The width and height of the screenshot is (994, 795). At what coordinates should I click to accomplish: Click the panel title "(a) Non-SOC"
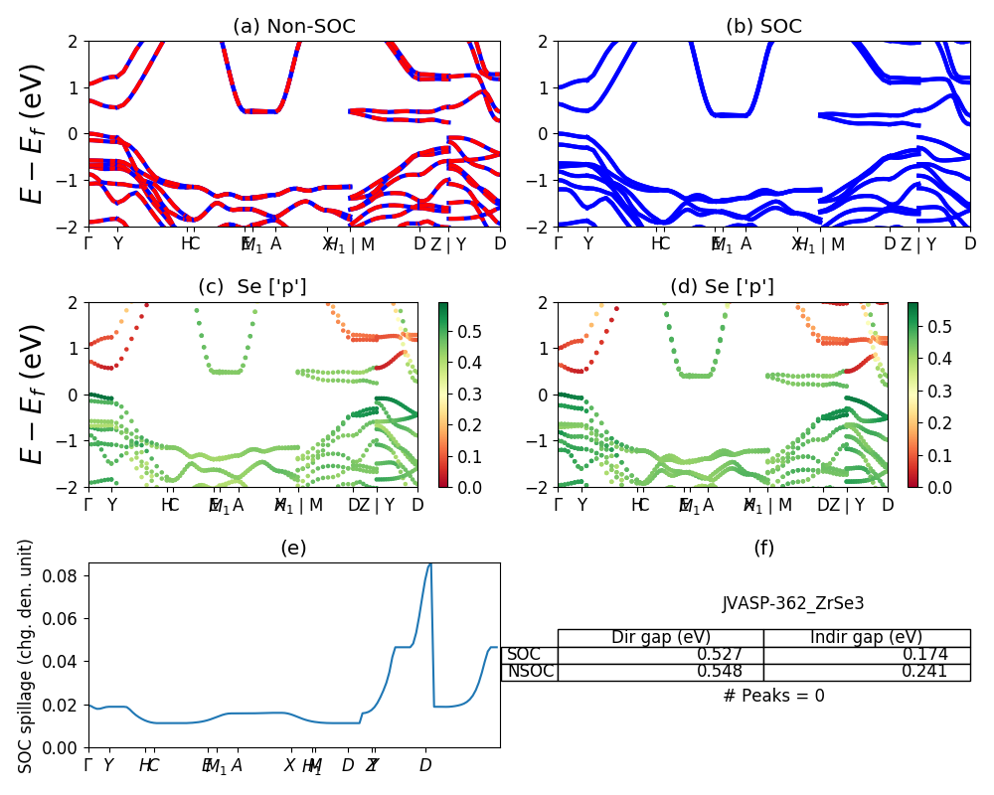pos(293,27)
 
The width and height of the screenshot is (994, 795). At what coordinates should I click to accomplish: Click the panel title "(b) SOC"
pos(763,27)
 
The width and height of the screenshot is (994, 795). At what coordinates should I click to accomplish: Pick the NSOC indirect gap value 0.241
pos(923,672)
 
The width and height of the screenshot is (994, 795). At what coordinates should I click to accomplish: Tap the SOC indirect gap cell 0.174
pos(923,654)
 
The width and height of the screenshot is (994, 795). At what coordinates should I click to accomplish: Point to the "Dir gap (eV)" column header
pos(660,637)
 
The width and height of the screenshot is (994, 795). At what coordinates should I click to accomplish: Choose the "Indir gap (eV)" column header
pos(866,637)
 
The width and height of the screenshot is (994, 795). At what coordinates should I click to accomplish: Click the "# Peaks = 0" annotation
pos(773,696)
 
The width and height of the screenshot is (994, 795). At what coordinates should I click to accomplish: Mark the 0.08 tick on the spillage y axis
pos(66,575)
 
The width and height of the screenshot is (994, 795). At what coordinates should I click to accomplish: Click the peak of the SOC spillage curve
pos(430,564)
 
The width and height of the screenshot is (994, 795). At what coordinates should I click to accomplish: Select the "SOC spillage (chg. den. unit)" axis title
pos(27,656)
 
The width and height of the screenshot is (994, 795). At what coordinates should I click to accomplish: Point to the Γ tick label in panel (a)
pos(88,243)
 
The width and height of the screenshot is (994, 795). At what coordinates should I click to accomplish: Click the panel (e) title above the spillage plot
pos(293,548)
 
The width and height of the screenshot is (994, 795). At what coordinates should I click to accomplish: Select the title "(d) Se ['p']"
pos(722,287)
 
